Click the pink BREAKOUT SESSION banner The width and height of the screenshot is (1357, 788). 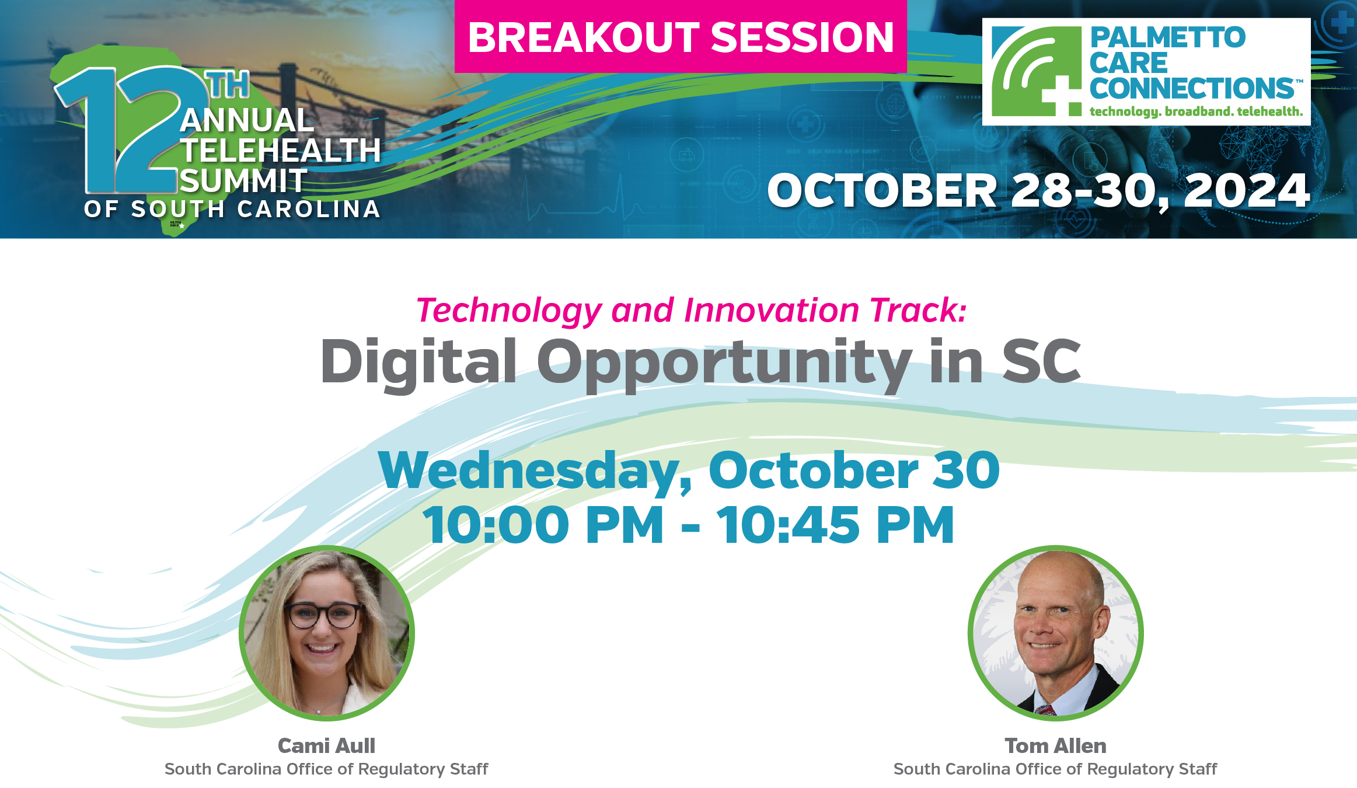click(681, 37)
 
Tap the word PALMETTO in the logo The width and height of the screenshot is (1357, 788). click(1167, 37)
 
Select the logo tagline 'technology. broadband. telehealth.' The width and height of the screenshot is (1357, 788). click(1196, 111)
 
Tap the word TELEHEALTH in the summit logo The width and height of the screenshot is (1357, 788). click(281, 151)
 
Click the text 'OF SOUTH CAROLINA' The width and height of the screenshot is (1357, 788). click(232, 209)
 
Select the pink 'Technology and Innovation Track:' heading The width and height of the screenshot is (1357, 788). click(692, 310)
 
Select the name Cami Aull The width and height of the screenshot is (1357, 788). click(326, 746)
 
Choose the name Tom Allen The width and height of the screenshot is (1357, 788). click(1055, 746)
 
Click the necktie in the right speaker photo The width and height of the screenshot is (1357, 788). click(1045, 709)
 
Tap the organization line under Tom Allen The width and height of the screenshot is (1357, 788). click(1055, 769)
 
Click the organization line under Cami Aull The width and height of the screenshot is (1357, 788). click(326, 769)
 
